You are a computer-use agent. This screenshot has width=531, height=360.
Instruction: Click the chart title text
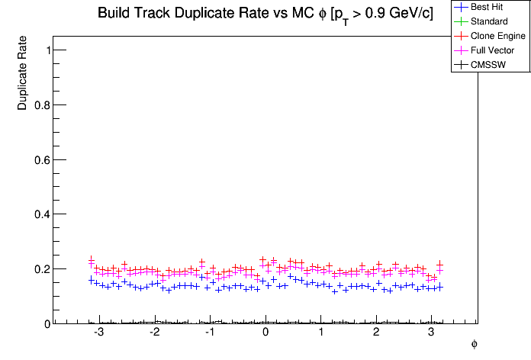coord(265,14)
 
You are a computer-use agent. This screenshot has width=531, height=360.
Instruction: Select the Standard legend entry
coord(489,21)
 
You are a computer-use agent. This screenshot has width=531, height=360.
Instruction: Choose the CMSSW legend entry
coord(489,65)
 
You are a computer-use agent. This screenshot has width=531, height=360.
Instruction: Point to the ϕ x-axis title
coord(474,345)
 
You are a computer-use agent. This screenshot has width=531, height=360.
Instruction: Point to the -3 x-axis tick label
coord(98,334)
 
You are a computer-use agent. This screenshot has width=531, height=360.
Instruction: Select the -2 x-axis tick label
coord(154,334)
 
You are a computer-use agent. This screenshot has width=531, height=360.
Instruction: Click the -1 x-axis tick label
coord(209,334)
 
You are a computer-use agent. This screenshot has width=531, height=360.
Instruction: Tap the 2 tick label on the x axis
coord(376,334)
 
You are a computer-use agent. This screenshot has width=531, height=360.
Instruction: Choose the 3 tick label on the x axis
coord(431,334)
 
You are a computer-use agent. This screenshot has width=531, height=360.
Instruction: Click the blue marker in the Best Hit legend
coord(460,7)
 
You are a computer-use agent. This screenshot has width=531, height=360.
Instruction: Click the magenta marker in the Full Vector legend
coord(460,50)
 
